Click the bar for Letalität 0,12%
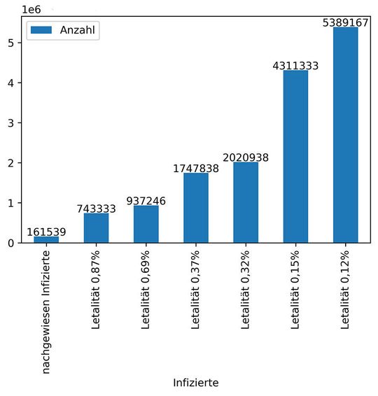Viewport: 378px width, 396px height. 346,135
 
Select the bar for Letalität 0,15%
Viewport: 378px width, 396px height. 296,157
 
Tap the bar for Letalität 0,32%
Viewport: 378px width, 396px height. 246,202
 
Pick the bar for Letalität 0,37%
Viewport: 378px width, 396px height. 196,208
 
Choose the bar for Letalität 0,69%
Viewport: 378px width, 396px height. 146,224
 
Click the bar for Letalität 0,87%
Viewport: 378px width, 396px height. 97,228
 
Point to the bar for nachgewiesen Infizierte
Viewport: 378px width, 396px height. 46,239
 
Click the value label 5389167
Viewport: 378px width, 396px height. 346,22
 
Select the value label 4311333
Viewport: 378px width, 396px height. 295,66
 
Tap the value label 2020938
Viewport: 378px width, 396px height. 246,157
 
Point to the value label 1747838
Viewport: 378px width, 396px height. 196,169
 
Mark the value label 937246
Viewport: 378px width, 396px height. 146,201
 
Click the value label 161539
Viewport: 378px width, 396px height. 46,232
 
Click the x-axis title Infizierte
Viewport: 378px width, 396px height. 196,383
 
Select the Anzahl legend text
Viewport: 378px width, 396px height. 78,30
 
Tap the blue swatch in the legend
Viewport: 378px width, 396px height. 42,30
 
